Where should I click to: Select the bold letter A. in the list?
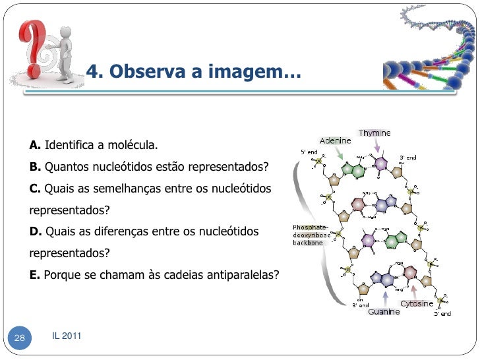click(x=35, y=144)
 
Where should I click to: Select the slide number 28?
click(x=19, y=338)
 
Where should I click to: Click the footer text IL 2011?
click(x=67, y=336)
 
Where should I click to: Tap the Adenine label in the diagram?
click(x=335, y=140)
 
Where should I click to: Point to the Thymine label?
click(x=374, y=133)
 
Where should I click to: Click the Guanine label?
click(x=384, y=311)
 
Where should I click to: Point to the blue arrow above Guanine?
click(x=384, y=295)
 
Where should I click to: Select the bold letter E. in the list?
click(x=35, y=275)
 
